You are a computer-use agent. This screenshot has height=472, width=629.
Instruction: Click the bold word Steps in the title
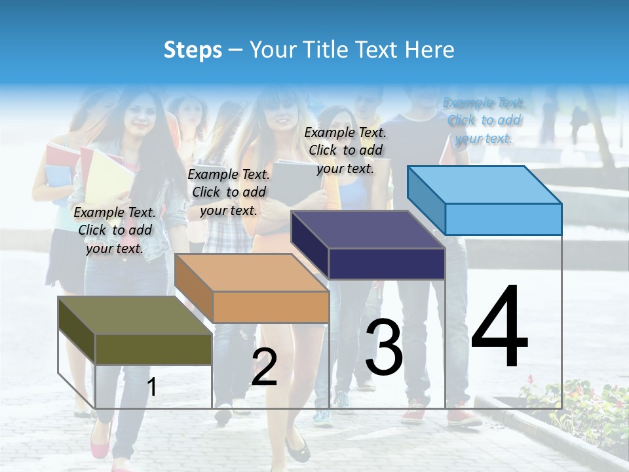coord(192,50)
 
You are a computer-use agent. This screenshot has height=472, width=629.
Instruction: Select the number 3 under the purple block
coord(384,347)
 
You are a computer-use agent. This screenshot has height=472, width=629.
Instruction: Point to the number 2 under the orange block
coord(264,367)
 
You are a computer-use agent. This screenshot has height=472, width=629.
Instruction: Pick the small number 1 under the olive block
coord(152,387)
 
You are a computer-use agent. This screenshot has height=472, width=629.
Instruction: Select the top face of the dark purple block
coord(367,229)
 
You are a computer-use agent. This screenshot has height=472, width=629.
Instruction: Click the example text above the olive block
coord(115,230)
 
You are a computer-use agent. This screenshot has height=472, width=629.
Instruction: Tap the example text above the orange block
coord(229,192)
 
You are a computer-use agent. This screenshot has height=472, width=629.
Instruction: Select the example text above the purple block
coord(345,150)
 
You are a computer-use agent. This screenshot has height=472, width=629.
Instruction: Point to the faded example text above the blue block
coord(484,120)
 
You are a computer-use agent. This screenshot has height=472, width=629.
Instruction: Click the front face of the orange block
coord(271,307)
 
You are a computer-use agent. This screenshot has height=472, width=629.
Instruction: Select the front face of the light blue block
coord(503,219)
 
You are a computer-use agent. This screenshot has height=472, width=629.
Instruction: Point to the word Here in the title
coord(430,50)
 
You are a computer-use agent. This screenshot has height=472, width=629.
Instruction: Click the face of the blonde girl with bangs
coord(283,119)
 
